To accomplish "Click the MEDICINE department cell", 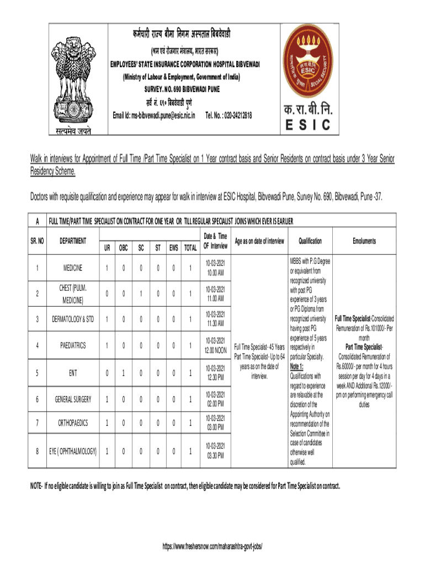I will [72, 268].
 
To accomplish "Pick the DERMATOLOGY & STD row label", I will [72, 319].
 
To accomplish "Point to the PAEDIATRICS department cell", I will [72, 345].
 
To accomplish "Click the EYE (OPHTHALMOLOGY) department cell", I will [72, 451].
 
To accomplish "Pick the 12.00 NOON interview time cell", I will [215, 345].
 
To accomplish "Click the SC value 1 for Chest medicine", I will [141, 294].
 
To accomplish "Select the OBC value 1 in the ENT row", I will [123, 372].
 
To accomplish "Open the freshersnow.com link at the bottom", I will [212, 546].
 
